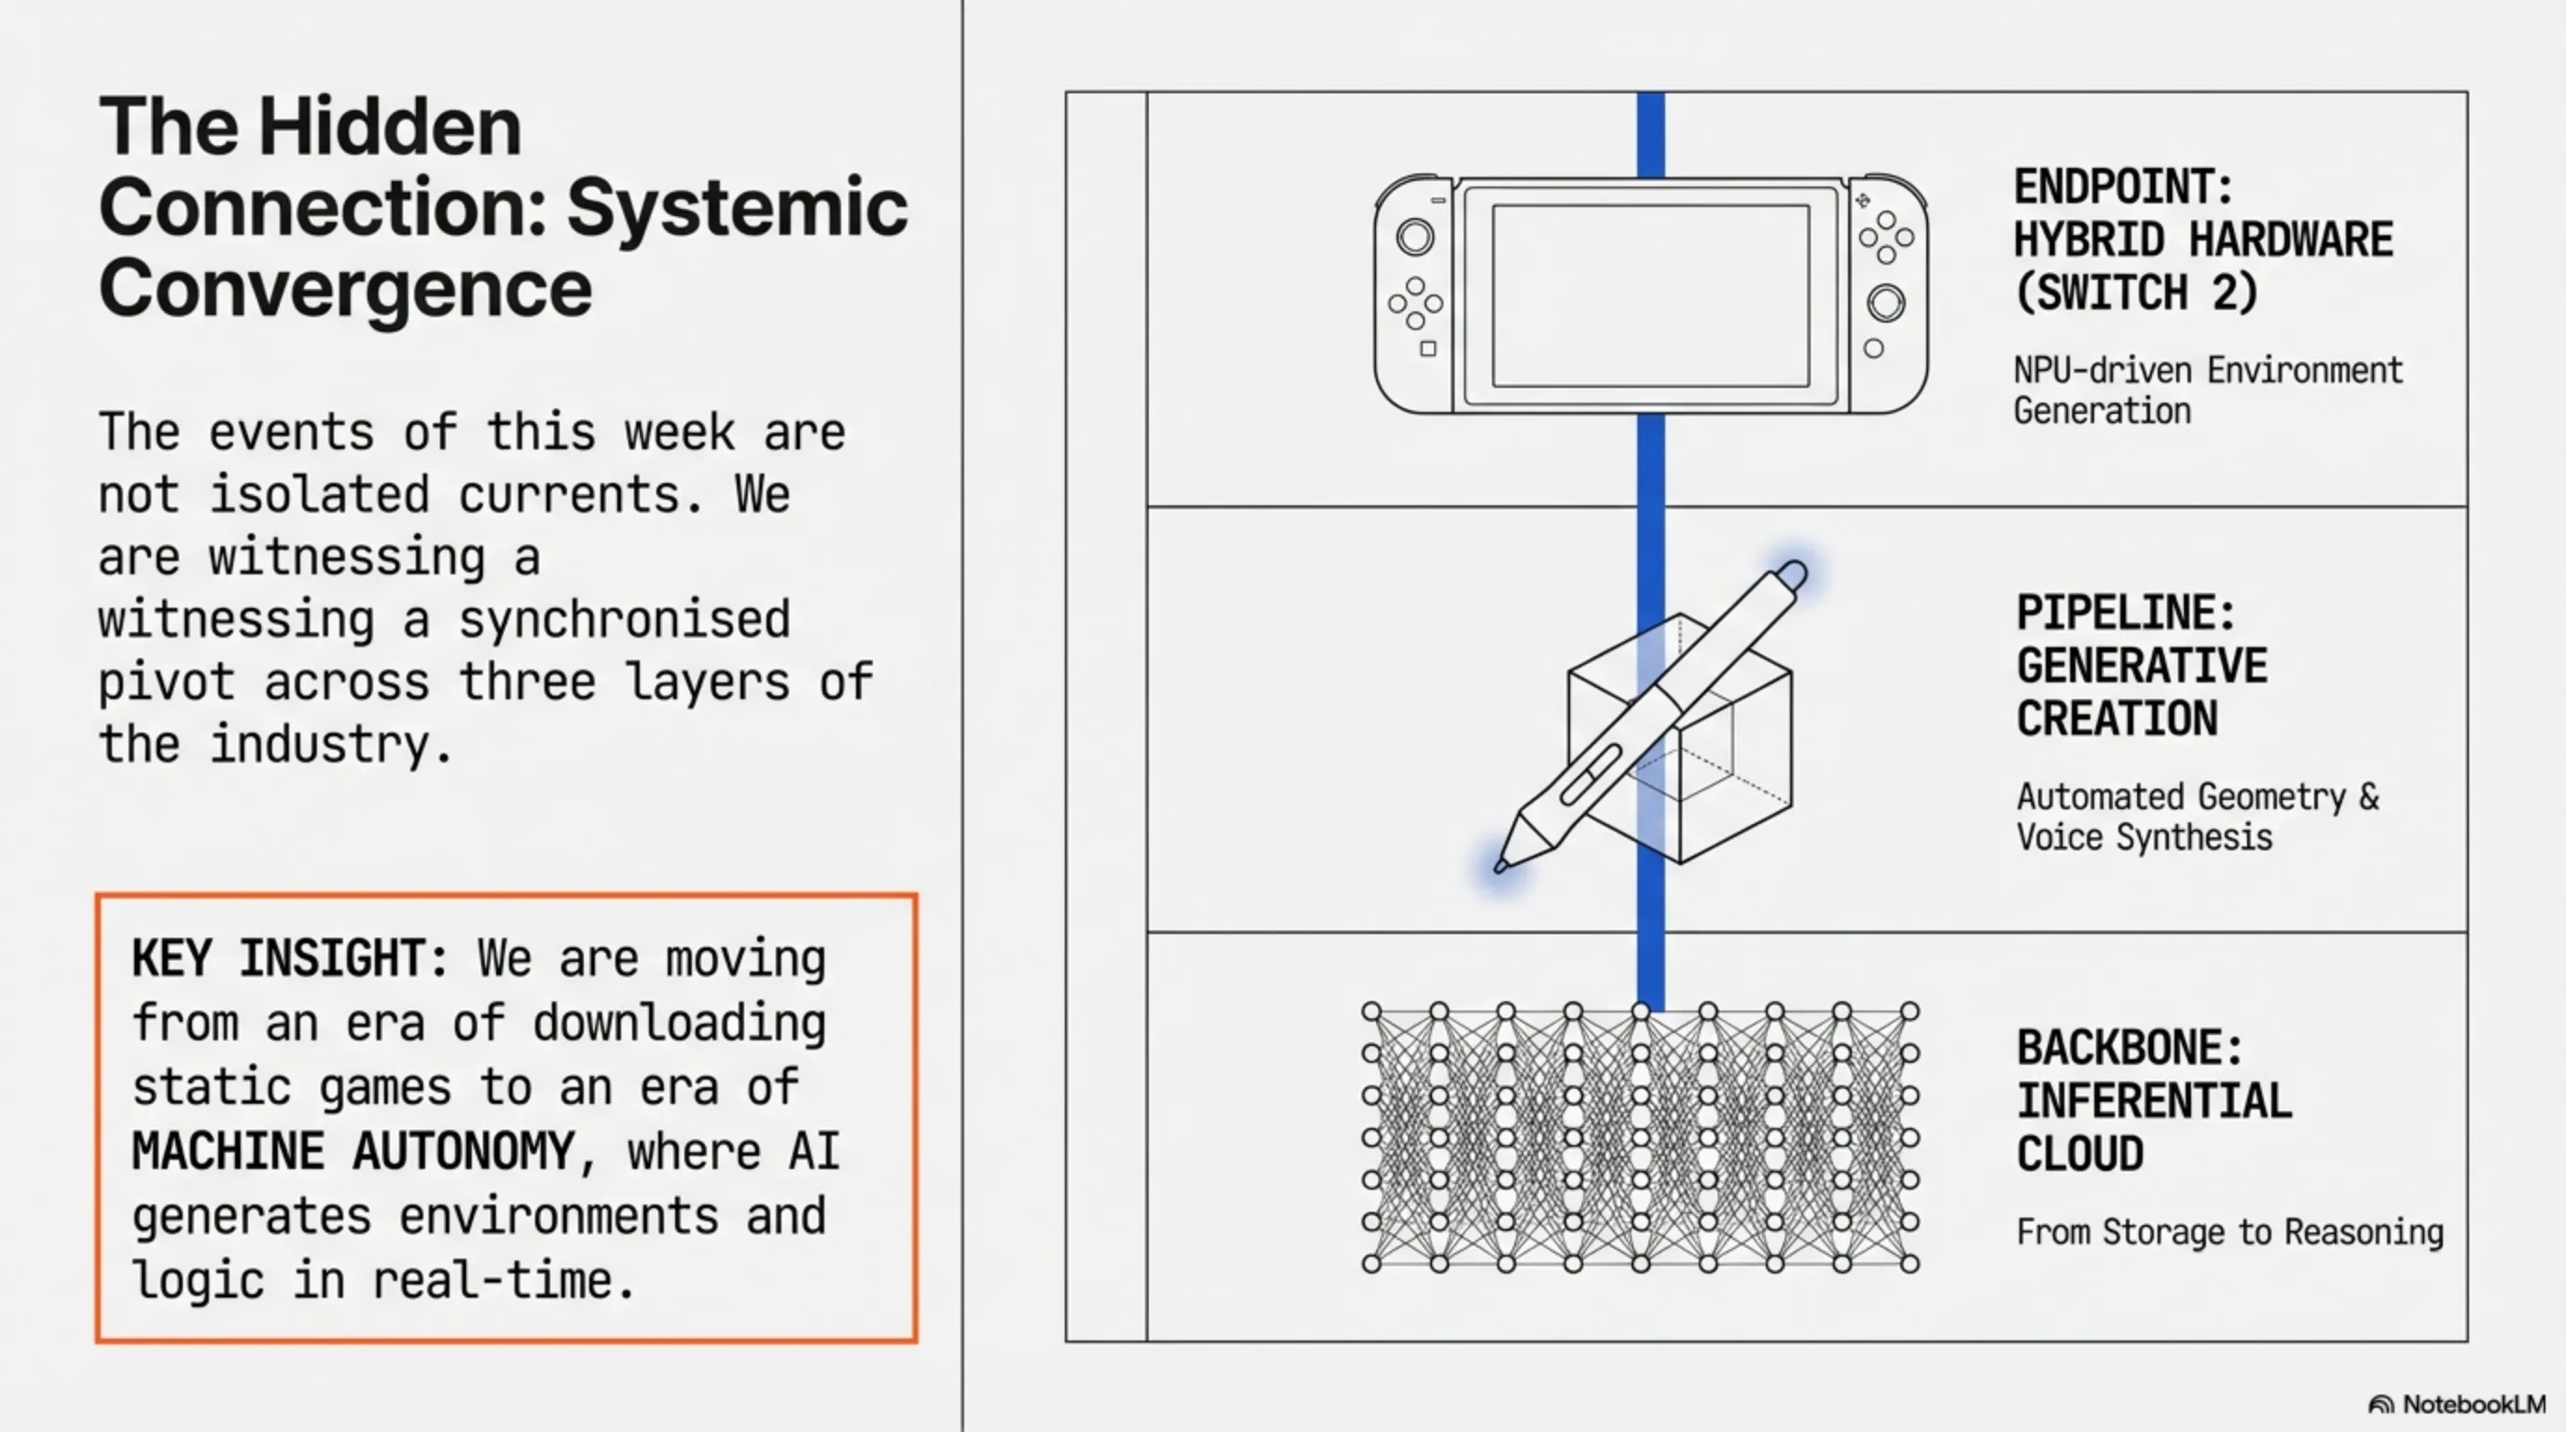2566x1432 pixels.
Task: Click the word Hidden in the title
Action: point(390,127)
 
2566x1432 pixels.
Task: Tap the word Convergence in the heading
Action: point(345,288)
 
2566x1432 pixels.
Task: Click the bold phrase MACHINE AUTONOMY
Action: point(353,1152)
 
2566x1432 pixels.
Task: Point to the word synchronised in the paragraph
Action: point(625,619)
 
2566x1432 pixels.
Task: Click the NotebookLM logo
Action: point(2456,1404)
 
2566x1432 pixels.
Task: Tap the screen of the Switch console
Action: point(1649,296)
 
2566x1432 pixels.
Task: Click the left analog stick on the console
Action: point(1414,237)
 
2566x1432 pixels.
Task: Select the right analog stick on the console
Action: point(1884,303)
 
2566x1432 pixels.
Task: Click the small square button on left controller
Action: point(1428,349)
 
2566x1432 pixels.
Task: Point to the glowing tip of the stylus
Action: point(1501,864)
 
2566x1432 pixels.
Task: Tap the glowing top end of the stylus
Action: point(1791,573)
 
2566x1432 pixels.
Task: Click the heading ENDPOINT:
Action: point(2123,186)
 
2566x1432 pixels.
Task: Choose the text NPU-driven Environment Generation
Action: point(2207,391)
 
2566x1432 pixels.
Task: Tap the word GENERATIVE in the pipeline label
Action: point(2142,667)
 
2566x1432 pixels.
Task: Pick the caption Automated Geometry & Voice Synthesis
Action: point(2197,817)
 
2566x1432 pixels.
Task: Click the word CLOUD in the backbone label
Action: point(2080,1154)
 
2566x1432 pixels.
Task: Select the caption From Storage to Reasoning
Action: point(2229,1232)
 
